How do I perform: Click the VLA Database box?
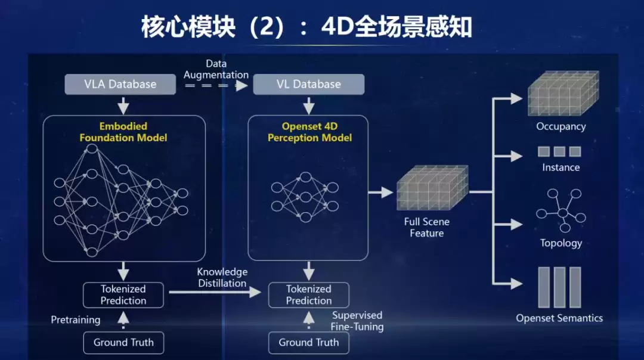[x=120, y=84]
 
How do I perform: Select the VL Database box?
[x=308, y=84]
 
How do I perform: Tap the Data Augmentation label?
[x=216, y=69]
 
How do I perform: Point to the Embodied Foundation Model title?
[x=123, y=132]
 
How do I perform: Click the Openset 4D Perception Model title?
[x=309, y=132]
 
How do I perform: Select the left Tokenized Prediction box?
[x=123, y=294]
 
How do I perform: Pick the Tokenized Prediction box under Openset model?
[x=308, y=294]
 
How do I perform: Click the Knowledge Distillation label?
[x=222, y=277]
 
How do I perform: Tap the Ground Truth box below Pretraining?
[x=123, y=342]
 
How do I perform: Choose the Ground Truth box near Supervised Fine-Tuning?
[x=308, y=342]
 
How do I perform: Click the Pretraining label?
[x=75, y=320]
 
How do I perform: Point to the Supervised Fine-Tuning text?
[x=357, y=321]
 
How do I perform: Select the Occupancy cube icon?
[x=562, y=94]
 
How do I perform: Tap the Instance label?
[x=561, y=167]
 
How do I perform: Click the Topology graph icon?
[x=561, y=210]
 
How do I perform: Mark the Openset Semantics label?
[x=559, y=318]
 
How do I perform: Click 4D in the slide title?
[x=338, y=27]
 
